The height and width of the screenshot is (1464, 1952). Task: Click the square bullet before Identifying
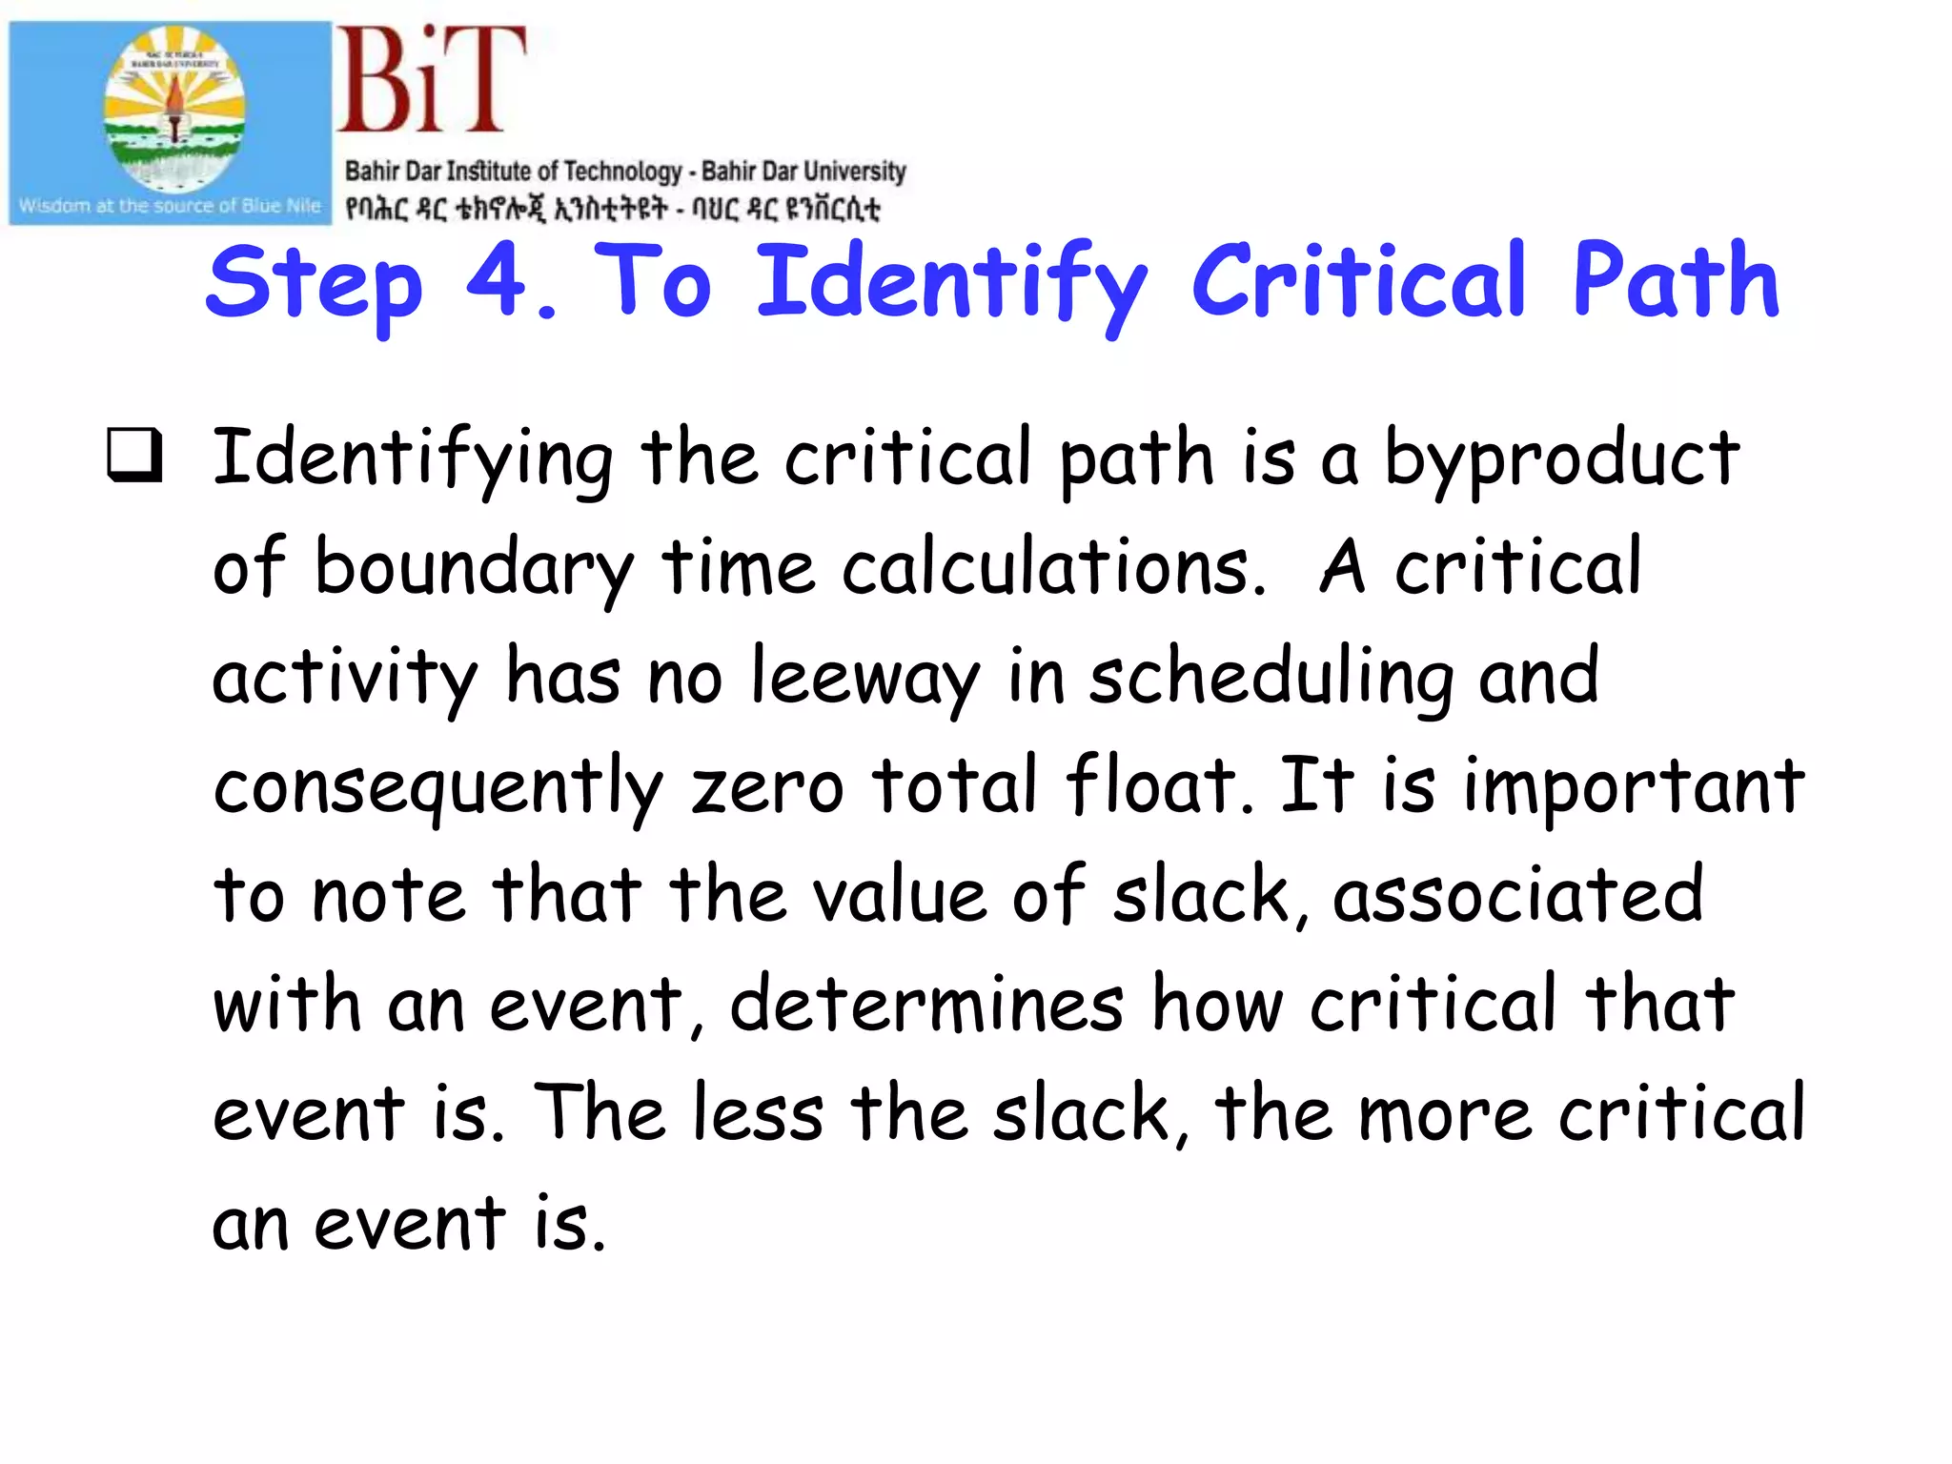[x=134, y=455]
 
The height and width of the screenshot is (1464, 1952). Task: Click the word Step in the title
[x=314, y=283]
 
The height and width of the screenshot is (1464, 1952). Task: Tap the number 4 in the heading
[x=496, y=279]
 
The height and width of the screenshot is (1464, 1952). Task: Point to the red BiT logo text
[x=431, y=80]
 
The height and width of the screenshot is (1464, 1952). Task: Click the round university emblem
[x=174, y=109]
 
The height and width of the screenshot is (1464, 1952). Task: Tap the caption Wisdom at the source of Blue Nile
[x=170, y=206]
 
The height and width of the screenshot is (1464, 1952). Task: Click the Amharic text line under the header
[x=612, y=209]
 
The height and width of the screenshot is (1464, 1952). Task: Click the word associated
[x=1517, y=896]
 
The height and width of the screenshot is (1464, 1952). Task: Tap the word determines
[x=926, y=1005]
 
